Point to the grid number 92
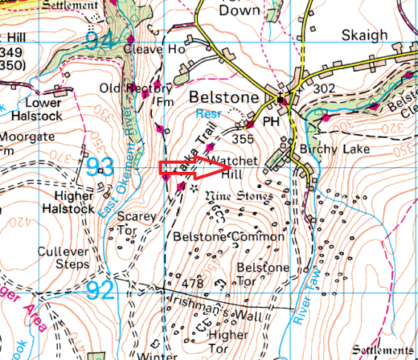click(x=101, y=290)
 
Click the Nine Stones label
click(x=239, y=196)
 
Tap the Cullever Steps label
click(x=63, y=258)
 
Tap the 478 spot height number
click(x=192, y=283)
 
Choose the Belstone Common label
click(x=228, y=237)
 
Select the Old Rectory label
click(x=130, y=89)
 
